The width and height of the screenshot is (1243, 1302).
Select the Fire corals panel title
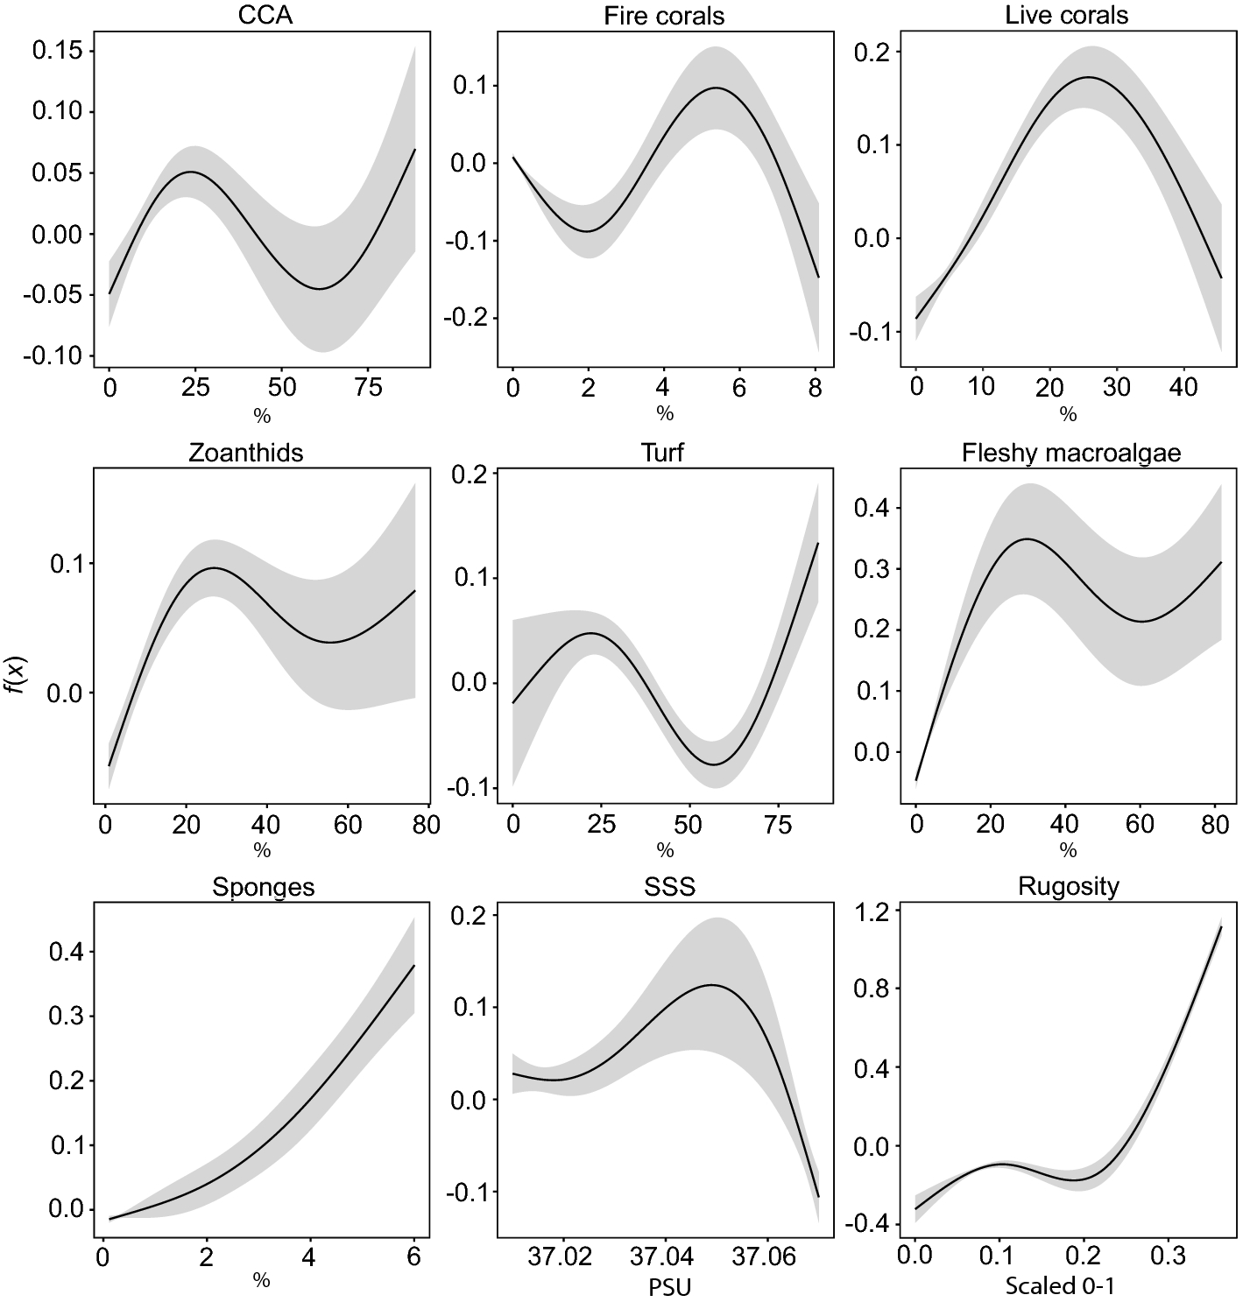click(x=664, y=16)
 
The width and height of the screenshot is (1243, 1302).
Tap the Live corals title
click(x=1066, y=15)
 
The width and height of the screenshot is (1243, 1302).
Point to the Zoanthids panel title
click(x=246, y=453)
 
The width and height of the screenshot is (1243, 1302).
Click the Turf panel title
click(x=664, y=453)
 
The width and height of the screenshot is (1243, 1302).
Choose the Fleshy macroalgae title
click(x=1070, y=453)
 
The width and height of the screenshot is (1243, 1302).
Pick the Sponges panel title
click(x=263, y=887)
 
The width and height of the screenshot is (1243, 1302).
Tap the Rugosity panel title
click(x=1068, y=886)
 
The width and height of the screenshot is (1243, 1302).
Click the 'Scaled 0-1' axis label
click(x=1060, y=1286)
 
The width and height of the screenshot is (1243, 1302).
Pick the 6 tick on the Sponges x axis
click(x=413, y=1257)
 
